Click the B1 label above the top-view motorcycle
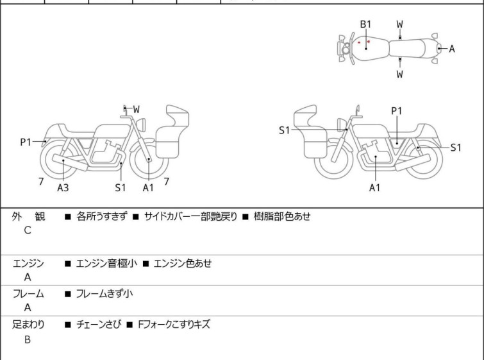[x=365, y=24]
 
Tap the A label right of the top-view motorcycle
[x=451, y=49]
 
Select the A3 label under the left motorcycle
[x=63, y=188]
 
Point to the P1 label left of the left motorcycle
[x=26, y=142]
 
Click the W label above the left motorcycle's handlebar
[x=136, y=110]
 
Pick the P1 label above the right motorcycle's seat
[x=397, y=111]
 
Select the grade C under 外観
[x=28, y=231]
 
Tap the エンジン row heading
[x=29, y=263]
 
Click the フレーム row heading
[x=29, y=294]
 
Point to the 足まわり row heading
[x=29, y=325]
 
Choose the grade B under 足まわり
[x=28, y=339]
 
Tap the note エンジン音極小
[x=106, y=263]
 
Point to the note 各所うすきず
[x=101, y=217]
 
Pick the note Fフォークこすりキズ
[x=174, y=325]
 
